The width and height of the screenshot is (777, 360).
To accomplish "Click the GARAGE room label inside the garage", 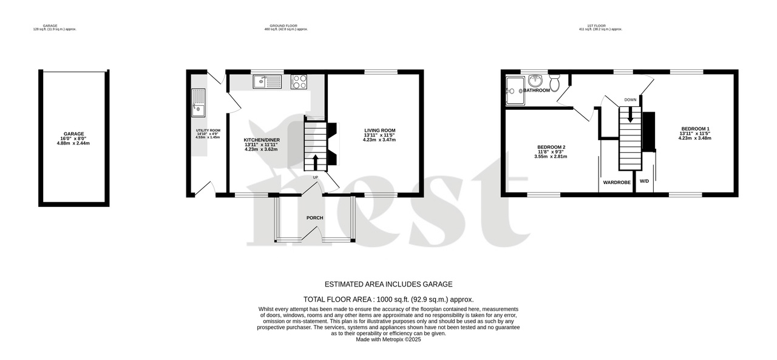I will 74,134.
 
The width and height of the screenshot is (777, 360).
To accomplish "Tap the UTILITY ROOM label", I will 208,131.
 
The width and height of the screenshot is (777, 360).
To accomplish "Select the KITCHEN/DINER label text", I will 262,140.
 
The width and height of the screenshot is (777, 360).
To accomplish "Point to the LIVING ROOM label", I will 379,131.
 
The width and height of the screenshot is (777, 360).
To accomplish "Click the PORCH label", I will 314,217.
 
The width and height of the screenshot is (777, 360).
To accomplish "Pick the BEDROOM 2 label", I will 551,147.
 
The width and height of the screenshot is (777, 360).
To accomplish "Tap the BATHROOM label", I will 537,90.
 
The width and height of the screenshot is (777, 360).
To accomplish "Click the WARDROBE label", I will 616,182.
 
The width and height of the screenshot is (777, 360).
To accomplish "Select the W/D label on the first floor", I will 644,182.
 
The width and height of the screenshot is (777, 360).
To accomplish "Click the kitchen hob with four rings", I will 299,82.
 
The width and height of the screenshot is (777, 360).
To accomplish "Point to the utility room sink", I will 198,103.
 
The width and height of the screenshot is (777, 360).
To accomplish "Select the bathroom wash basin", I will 535,80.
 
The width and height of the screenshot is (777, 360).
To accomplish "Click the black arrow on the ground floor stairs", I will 315,161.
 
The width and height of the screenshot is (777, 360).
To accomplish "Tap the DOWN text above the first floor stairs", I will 630,100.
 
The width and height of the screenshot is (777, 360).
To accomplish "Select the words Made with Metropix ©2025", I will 388,339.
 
